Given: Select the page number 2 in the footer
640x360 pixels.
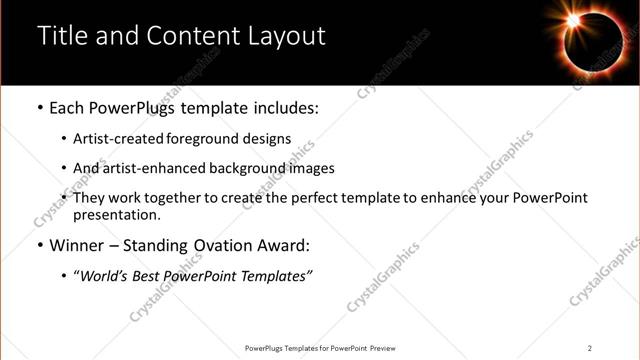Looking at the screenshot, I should point(590,348).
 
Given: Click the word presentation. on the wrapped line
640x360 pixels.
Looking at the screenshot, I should point(116,214).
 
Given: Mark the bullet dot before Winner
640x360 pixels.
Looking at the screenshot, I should point(39,246).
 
